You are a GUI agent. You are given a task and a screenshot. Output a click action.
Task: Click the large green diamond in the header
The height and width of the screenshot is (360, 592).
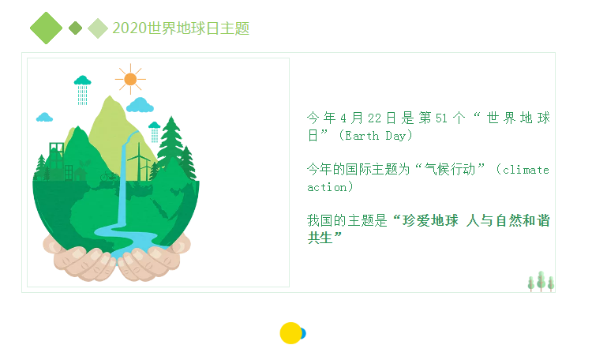(x=46, y=28)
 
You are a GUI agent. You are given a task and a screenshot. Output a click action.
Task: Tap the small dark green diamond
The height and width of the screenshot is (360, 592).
(x=76, y=28)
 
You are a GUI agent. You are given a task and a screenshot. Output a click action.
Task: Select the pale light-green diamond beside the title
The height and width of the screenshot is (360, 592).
(x=98, y=28)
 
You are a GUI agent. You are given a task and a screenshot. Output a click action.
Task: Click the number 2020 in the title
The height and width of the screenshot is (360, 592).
(x=129, y=28)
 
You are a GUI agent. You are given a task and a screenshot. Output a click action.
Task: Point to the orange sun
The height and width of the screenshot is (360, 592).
(x=130, y=79)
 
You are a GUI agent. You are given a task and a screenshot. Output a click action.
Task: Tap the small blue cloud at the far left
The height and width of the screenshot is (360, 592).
(x=44, y=117)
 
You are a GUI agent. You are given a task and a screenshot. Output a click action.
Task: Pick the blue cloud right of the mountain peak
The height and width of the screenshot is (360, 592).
(x=140, y=105)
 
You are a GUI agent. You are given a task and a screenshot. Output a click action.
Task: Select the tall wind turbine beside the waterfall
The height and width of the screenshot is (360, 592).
(x=139, y=162)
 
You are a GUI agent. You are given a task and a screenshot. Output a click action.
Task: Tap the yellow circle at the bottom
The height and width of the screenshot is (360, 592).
(x=290, y=333)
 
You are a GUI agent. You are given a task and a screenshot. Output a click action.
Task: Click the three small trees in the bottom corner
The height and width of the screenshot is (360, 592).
(x=541, y=281)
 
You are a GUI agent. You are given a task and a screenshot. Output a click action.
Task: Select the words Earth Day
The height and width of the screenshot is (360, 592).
(x=375, y=136)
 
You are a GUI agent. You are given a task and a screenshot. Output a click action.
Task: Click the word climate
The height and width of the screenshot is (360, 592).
(x=526, y=170)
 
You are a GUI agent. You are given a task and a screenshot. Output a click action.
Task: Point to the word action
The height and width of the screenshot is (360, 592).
(x=327, y=187)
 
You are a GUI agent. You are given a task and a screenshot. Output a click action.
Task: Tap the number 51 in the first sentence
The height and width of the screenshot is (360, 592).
(x=441, y=118)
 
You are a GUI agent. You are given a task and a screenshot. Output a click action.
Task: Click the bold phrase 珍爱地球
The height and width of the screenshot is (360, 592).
(x=430, y=220)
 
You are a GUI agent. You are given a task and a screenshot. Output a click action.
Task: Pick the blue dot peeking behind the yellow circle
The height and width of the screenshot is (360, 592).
(x=303, y=334)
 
